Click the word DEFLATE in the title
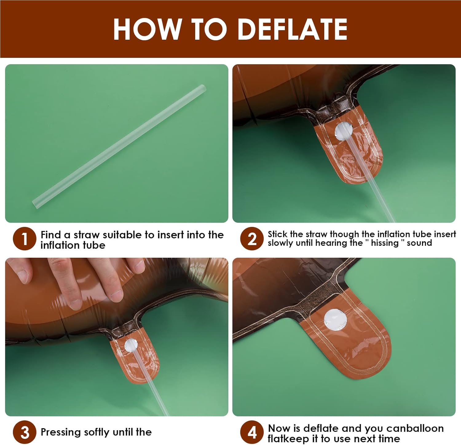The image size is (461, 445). [x=293, y=29]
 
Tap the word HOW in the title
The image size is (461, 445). [x=147, y=29]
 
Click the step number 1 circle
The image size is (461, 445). [x=25, y=239]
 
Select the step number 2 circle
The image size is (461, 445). [x=252, y=239]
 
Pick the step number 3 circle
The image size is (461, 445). [x=25, y=432]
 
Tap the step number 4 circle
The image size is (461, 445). [x=252, y=432]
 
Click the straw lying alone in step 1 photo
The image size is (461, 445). [x=119, y=147]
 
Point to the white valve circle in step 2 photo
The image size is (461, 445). [x=344, y=131]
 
